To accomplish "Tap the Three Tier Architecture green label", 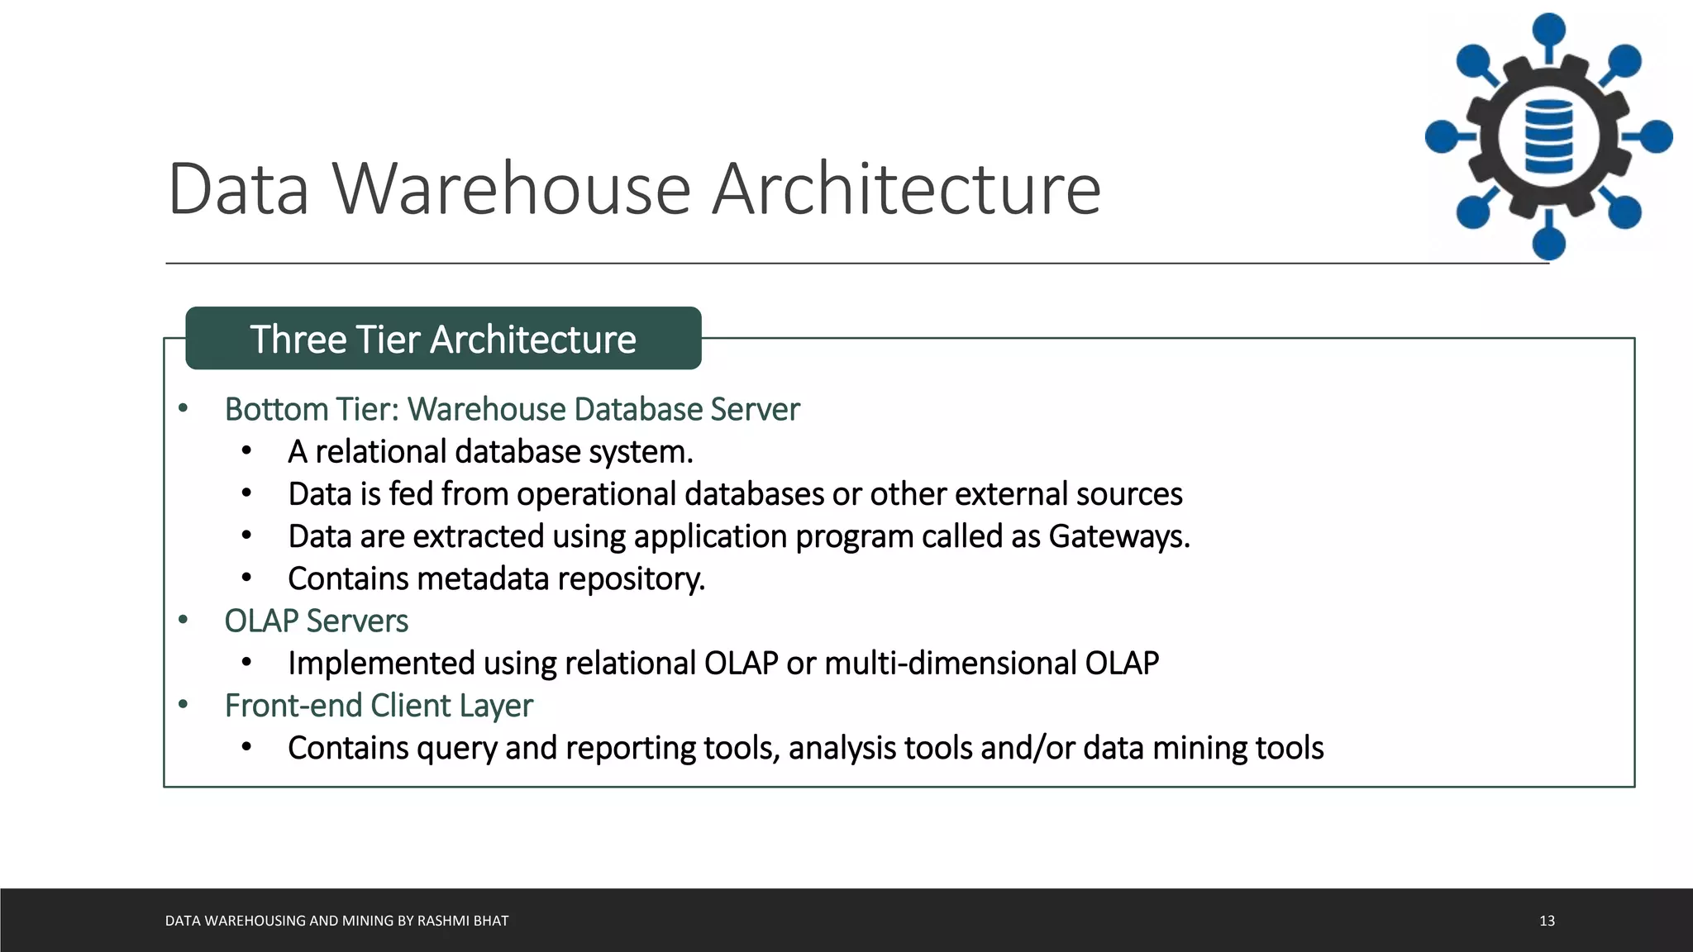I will tap(443, 339).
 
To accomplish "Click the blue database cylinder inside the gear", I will tap(1548, 136).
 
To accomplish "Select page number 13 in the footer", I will tap(1547, 921).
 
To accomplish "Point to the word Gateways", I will tap(1118, 537).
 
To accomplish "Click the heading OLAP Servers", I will tap(316, 621).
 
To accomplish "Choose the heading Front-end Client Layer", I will tap(379, 706).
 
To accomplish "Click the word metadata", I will tap(483, 579).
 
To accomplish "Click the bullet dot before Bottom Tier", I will tap(184, 408).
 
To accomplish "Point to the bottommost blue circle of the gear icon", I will tap(1548, 244).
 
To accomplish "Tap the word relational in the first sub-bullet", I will tap(381, 452).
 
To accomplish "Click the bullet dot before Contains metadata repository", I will tap(246, 578).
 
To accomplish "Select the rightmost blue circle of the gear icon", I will tap(1656, 136).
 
